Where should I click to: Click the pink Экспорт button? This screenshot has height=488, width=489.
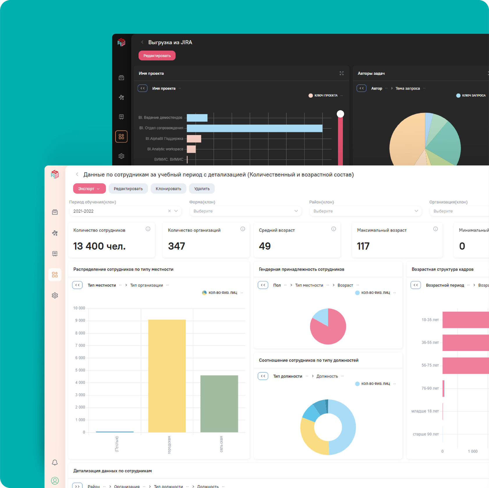coord(88,189)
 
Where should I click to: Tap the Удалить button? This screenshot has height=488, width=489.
coord(202,189)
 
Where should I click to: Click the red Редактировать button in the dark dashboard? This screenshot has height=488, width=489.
coord(157,56)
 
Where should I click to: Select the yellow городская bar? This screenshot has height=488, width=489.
coord(167,376)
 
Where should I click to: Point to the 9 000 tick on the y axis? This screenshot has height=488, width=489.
coord(80,320)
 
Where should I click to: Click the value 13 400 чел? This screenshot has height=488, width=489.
coord(99,246)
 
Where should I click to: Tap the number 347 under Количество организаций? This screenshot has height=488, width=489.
coord(176,246)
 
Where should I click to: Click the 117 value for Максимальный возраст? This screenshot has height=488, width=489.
coord(363,246)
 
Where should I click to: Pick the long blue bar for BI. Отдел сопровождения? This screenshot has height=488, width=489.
coord(254,128)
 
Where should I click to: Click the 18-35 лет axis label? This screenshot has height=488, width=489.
coord(430,320)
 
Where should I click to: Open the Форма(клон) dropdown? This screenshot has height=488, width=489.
coord(245,211)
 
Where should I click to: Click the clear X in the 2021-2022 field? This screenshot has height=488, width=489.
coord(169,211)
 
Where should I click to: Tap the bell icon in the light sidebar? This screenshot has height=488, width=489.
coord(55,462)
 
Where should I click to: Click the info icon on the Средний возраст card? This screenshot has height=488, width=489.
coord(334,229)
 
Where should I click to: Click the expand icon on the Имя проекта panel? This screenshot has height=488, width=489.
coord(341,73)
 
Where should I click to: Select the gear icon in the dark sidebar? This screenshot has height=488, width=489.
coord(121,156)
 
